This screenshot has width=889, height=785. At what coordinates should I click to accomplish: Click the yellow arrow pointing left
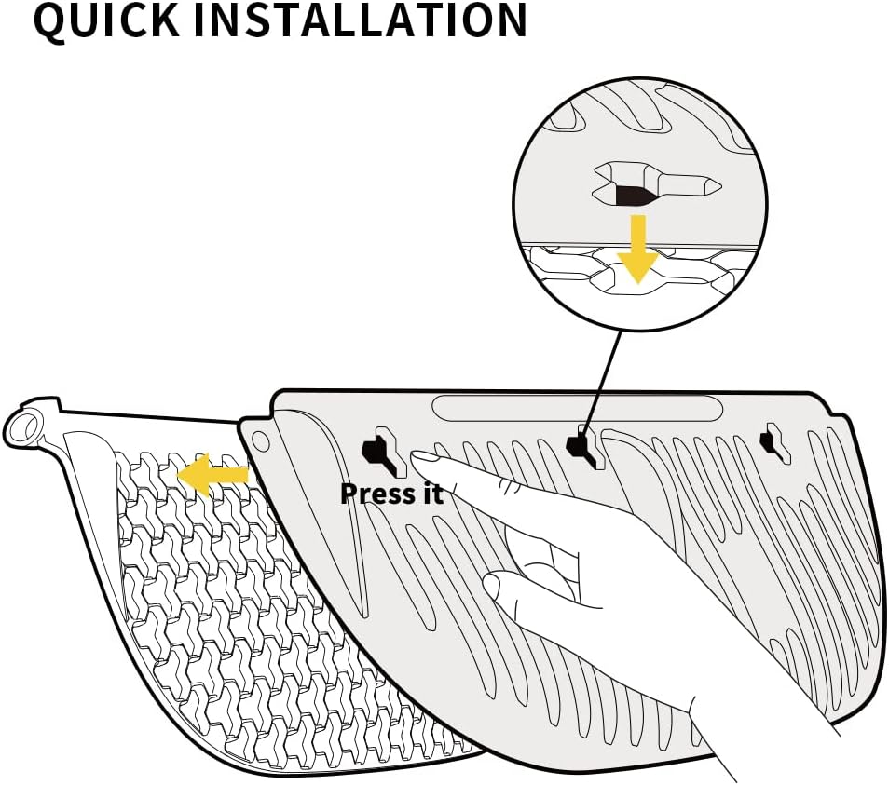pyautogui.click(x=212, y=475)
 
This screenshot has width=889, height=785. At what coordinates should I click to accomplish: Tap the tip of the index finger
pyautogui.click(x=422, y=457)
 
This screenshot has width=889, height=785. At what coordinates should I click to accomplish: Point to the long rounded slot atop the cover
pyautogui.click(x=578, y=408)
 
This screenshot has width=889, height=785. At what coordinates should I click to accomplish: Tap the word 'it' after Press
pyautogui.click(x=430, y=493)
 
